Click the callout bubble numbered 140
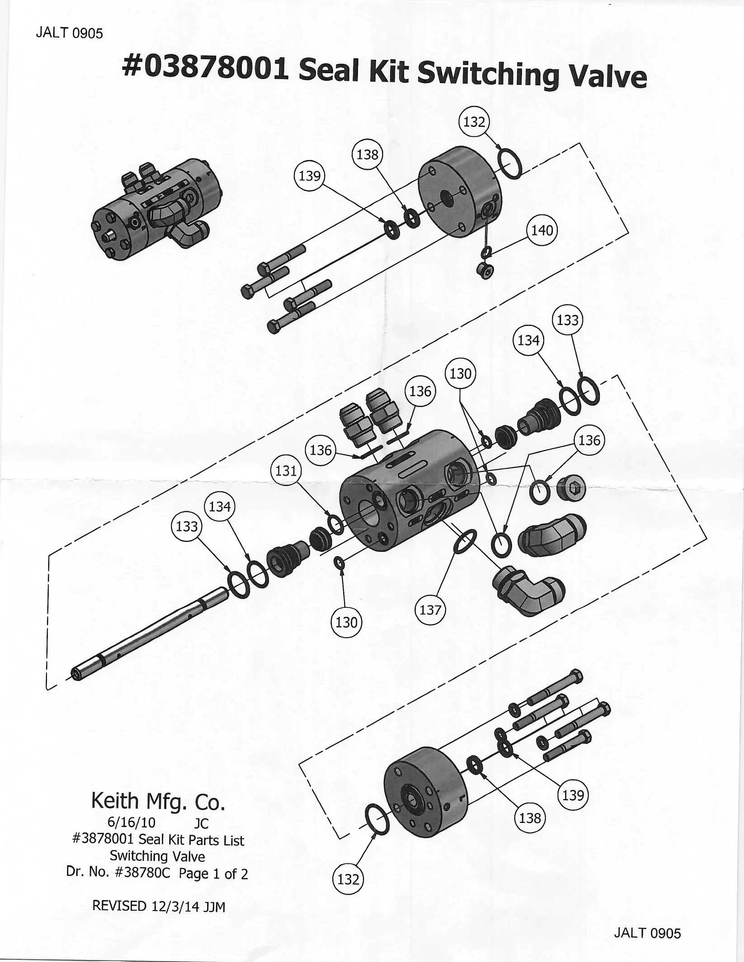pyautogui.click(x=542, y=230)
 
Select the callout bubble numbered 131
pyautogui.click(x=286, y=471)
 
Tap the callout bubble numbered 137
pyautogui.click(x=430, y=610)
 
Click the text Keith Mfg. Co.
pyautogui.click(x=158, y=801)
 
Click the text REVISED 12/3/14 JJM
pyautogui.click(x=159, y=906)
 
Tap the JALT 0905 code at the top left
pyautogui.click(x=69, y=33)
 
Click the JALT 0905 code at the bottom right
pyautogui.click(x=647, y=933)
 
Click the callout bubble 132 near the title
pyautogui.click(x=474, y=122)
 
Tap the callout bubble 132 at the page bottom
pyautogui.click(x=348, y=879)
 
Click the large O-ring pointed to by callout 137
pyautogui.click(x=465, y=541)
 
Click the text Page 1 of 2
pyautogui.click(x=213, y=874)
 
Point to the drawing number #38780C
pyautogui.click(x=142, y=873)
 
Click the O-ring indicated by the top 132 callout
pyautogui.click(x=510, y=164)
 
